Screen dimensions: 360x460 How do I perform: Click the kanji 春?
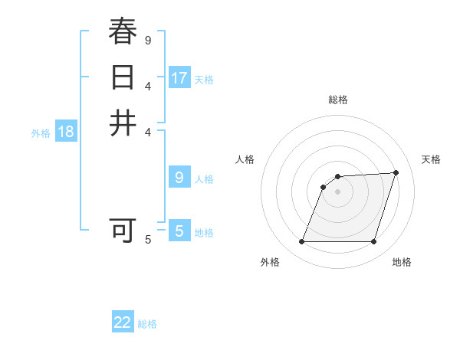[123, 31]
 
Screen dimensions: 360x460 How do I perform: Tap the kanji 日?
[123, 77]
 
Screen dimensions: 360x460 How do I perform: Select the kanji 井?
[123, 123]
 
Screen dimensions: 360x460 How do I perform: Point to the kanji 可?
[123, 230]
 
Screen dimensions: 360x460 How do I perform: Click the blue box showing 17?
[179, 77]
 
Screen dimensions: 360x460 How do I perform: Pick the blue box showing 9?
[179, 178]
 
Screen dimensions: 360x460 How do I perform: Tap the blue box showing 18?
[66, 131]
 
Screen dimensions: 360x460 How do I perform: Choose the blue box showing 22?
[123, 322]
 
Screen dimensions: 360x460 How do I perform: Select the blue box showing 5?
[179, 231]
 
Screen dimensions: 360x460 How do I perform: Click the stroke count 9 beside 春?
[148, 40]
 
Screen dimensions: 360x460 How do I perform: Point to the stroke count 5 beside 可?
[148, 240]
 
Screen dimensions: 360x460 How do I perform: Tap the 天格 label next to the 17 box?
[204, 79]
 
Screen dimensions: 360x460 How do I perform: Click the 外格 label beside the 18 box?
[41, 133]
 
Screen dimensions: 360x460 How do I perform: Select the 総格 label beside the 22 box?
[147, 324]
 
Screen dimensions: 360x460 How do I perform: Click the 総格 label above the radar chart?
[337, 100]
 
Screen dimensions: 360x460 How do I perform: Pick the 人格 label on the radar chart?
[245, 159]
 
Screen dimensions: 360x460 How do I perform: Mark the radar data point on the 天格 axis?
[396, 172]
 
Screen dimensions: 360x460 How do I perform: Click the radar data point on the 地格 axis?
[373, 241]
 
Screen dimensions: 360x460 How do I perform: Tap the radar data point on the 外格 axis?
[302, 241]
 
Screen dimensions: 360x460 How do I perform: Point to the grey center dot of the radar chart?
[337, 192]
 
